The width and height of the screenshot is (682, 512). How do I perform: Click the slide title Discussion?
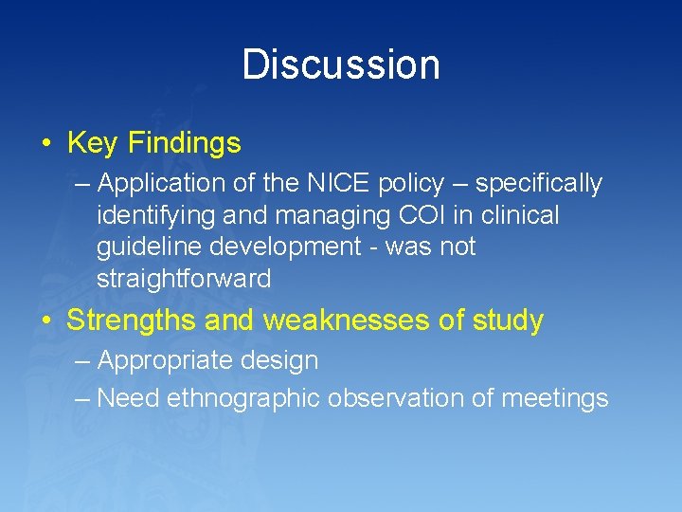point(341,65)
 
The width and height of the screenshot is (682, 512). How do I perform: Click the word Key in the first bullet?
point(92,143)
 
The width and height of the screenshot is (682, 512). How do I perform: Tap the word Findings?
point(185,143)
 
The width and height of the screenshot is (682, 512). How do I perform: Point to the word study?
point(506,320)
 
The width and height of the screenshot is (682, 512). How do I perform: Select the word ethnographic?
point(243,398)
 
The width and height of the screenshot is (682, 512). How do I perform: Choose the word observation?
point(395,398)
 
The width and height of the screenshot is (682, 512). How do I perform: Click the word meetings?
point(554,398)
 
